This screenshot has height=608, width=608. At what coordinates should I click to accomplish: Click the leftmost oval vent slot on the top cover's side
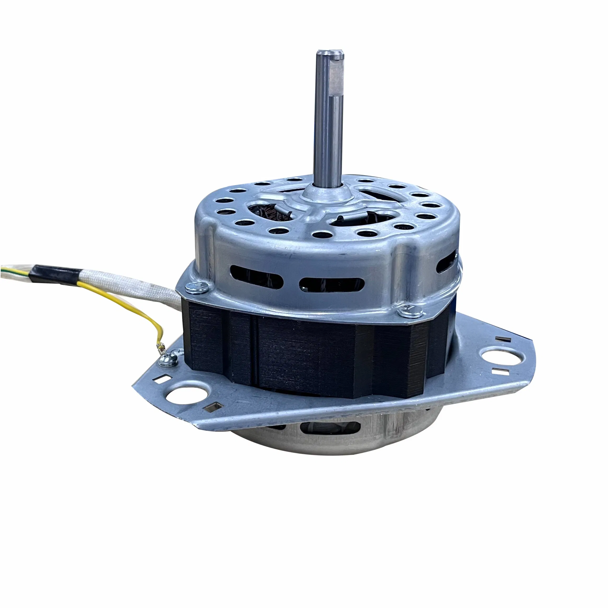coord(256,275)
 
